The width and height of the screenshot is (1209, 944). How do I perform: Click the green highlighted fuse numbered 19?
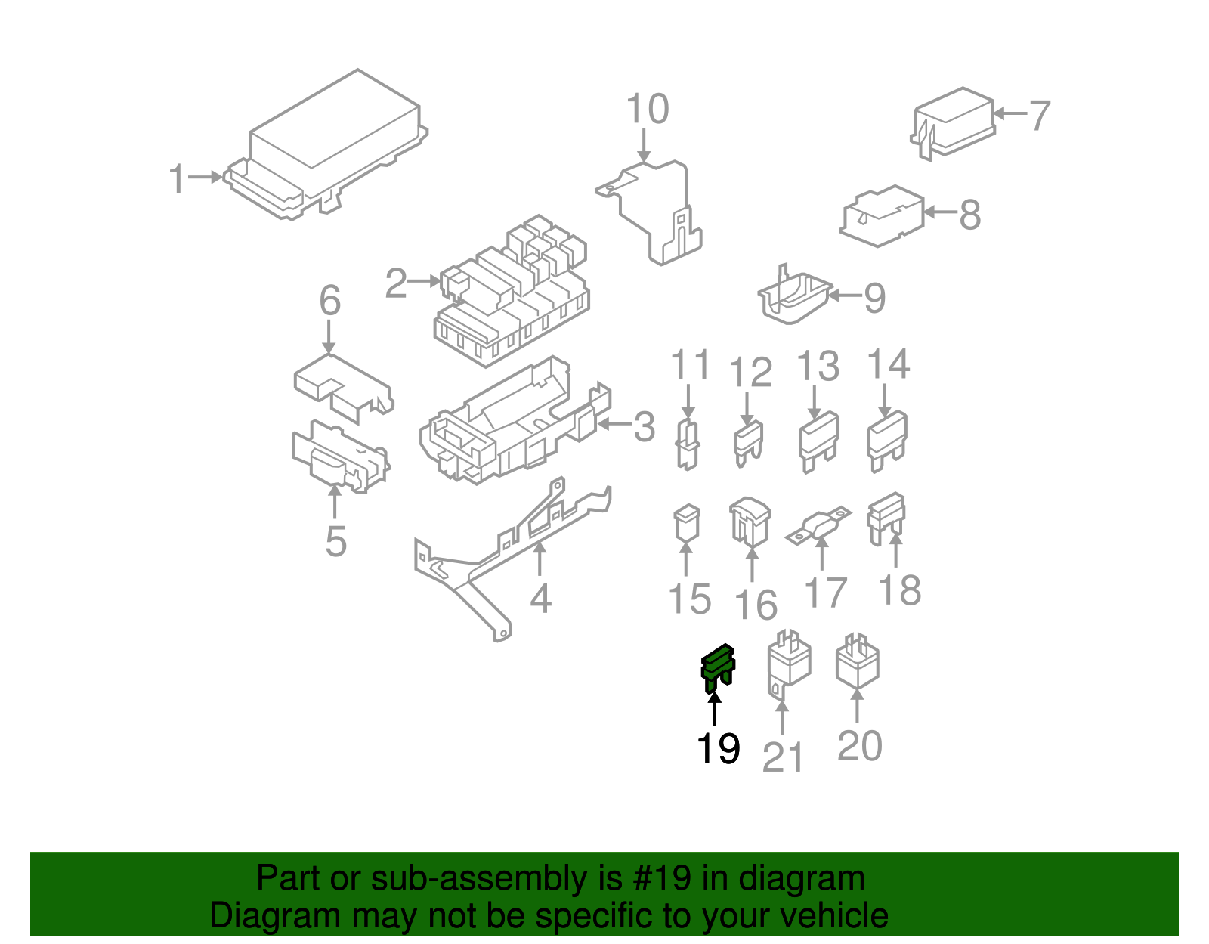pos(716,668)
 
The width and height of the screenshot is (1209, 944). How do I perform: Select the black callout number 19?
pos(717,748)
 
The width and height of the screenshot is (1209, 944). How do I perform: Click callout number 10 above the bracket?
pos(648,110)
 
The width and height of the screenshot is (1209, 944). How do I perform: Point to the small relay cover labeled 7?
pos(954,122)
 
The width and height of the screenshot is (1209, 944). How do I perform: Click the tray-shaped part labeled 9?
pos(793,298)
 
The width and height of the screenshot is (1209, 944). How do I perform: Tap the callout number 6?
pos(330,301)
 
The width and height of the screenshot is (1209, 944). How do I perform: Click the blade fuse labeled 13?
pos(818,441)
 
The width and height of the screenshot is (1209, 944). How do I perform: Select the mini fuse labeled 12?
pos(748,444)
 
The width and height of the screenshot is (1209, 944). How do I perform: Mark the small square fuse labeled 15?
pos(686,523)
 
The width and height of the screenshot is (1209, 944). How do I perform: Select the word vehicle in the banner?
pos(833,916)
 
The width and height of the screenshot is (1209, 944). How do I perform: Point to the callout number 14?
pos(888,364)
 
